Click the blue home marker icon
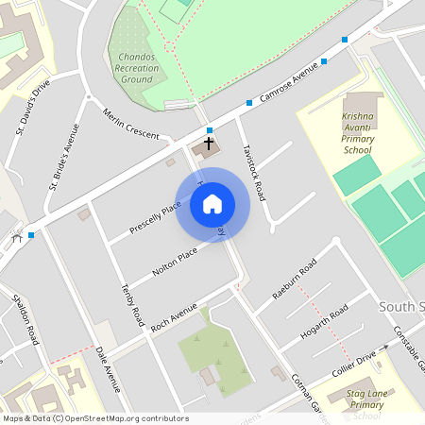click(212, 204)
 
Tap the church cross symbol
click(209, 144)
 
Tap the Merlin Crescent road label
click(131, 121)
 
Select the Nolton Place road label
click(174, 263)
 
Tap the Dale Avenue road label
click(109, 367)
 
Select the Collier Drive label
click(354, 365)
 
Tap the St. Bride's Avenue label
click(63, 156)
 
